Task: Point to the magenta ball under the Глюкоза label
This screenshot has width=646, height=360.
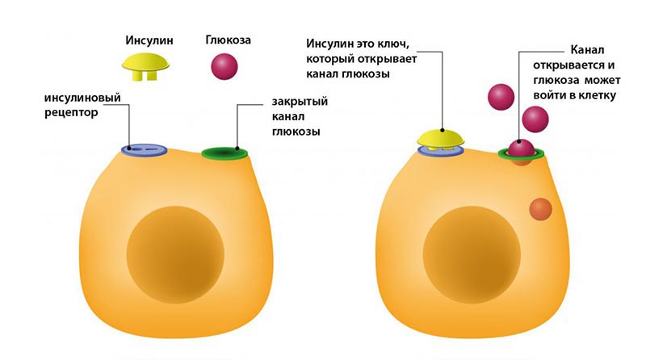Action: [224, 66]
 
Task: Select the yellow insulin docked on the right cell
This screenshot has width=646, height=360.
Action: [442, 136]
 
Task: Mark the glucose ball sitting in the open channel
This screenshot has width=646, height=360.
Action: [521, 147]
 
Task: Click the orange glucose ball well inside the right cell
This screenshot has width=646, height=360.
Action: [540, 209]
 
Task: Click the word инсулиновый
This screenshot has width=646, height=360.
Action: [83, 98]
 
